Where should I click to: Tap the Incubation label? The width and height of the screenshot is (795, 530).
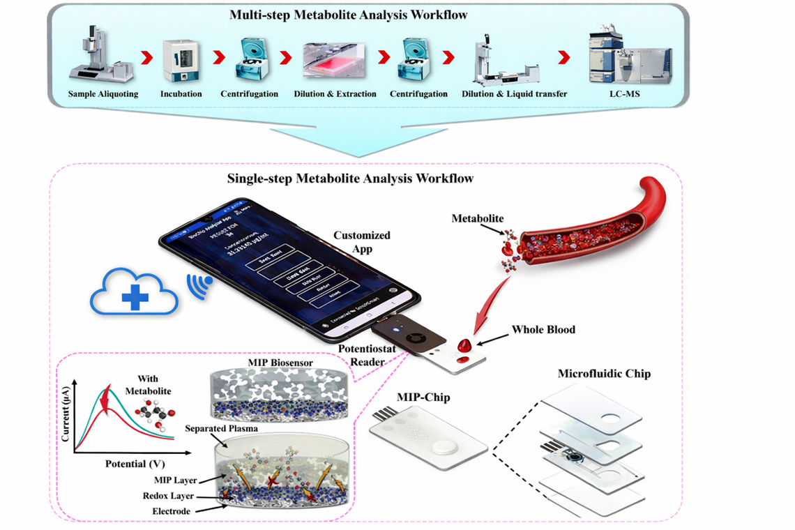click(181, 94)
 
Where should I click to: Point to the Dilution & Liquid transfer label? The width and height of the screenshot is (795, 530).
click(514, 94)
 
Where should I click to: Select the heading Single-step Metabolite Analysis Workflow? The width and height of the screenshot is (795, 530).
click(350, 179)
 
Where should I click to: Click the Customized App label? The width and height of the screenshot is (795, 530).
click(362, 242)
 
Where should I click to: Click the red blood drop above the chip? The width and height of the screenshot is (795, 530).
click(464, 344)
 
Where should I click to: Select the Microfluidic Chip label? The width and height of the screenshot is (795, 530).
click(604, 374)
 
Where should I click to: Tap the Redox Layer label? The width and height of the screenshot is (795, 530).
click(169, 496)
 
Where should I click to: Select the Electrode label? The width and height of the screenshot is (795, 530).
click(171, 510)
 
